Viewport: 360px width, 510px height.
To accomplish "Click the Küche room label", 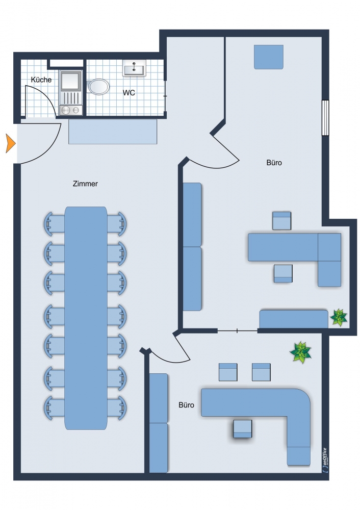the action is [x=41, y=80].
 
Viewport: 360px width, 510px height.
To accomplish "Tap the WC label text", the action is [x=129, y=93].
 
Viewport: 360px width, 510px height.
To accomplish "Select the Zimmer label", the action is [x=85, y=184].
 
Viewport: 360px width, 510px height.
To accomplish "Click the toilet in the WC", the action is [x=98, y=87].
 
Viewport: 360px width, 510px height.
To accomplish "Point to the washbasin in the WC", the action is [x=134, y=68].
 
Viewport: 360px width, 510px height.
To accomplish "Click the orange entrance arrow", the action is [x=10, y=143].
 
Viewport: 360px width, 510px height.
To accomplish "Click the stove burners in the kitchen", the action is [x=70, y=110].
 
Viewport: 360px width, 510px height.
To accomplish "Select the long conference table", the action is [x=86, y=318].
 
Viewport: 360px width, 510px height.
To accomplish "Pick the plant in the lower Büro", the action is [x=300, y=352].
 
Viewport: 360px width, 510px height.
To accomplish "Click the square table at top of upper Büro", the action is [x=269, y=57].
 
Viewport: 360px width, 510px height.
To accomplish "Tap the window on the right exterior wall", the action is [x=325, y=117].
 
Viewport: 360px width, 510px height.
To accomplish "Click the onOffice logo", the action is [x=325, y=460].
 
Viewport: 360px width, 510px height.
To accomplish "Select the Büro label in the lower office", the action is [x=186, y=405].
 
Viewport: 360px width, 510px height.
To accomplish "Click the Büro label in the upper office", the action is [x=274, y=163].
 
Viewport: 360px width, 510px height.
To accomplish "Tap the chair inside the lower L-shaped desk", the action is [x=243, y=429].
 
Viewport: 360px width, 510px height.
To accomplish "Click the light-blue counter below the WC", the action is [x=113, y=132].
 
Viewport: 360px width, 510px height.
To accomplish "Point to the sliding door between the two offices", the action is [x=238, y=331].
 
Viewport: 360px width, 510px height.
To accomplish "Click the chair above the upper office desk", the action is [x=281, y=221].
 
